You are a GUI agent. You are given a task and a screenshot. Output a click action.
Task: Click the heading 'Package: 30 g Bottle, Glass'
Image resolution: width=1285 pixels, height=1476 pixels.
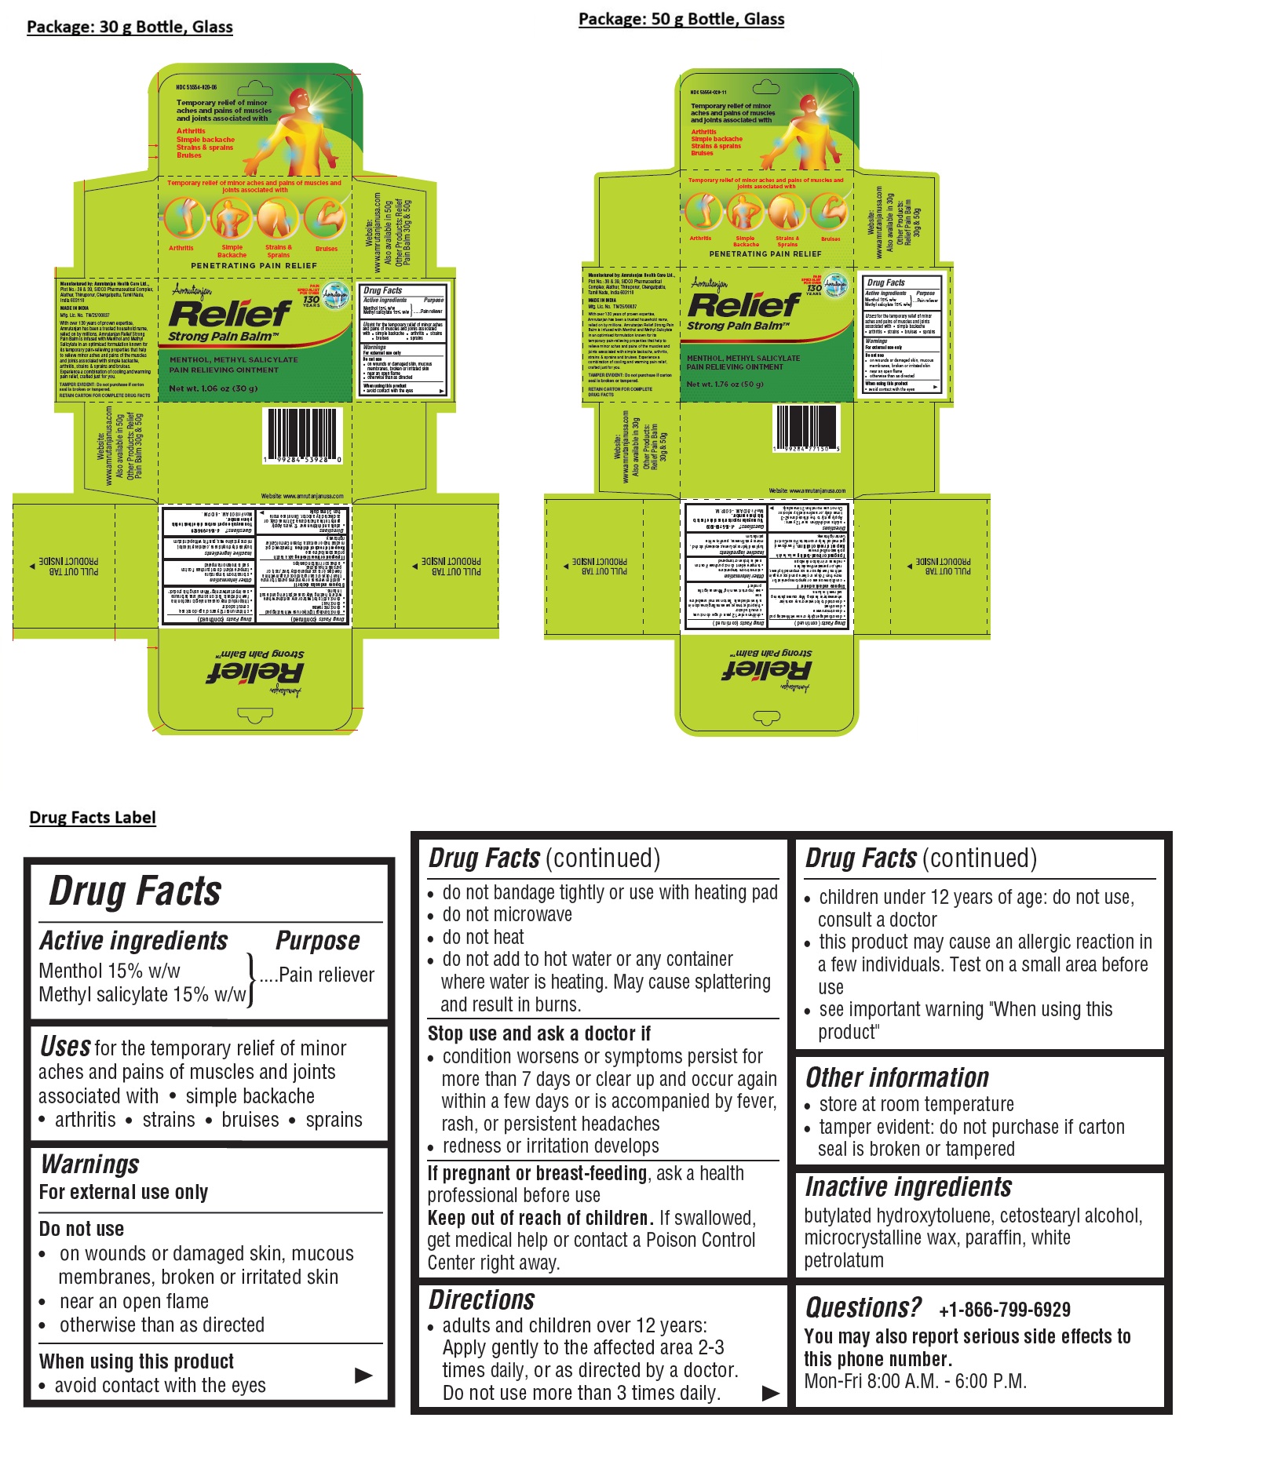(x=130, y=27)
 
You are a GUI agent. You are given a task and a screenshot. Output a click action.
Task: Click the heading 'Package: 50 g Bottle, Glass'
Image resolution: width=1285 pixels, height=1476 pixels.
(x=681, y=20)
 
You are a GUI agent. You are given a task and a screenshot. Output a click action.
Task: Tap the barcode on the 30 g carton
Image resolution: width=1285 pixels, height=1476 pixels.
(x=304, y=433)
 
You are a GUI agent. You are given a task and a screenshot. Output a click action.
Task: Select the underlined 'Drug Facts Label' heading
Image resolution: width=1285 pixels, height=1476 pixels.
(x=93, y=818)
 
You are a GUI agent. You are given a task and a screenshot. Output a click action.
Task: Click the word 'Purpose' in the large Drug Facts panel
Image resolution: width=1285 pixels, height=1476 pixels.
(x=318, y=941)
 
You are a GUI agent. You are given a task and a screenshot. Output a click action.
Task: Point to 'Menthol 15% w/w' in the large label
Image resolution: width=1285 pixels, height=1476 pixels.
(x=109, y=971)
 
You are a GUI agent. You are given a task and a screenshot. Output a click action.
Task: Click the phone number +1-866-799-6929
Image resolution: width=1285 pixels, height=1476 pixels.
(x=1004, y=1310)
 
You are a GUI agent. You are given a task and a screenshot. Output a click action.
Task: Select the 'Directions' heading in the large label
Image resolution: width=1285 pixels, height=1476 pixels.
(x=481, y=1300)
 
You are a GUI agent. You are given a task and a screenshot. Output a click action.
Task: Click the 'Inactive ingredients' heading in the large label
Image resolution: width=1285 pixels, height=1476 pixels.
(x=908, y=1187)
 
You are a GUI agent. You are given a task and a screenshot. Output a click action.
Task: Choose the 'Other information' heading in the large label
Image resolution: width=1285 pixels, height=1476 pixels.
(x=897, y=1078)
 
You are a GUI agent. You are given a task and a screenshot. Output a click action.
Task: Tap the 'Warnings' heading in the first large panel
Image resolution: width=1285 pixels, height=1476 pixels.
(x=90, y=1164)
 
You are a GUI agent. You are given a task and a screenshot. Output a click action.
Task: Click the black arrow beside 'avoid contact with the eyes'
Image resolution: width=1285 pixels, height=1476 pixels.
(x=363, y=1375)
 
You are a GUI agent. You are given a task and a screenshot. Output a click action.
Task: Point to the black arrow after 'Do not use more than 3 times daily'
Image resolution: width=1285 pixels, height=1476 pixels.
(x=771, y=1393)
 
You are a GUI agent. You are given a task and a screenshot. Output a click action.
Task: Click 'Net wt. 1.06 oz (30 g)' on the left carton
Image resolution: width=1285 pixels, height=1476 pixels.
(x=214, y=388)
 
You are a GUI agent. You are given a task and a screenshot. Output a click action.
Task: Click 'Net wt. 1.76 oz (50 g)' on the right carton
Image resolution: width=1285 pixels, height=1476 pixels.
(x=725, y=384)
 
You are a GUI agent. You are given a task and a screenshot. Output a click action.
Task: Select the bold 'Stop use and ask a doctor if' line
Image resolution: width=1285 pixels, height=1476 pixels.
(x=538, y=1033)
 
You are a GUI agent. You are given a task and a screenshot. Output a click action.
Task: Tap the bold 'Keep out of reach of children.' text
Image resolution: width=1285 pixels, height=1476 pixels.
(x=540, y=1218)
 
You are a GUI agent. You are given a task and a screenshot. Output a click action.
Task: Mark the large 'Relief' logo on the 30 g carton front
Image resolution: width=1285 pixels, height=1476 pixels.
(x=229, y=314)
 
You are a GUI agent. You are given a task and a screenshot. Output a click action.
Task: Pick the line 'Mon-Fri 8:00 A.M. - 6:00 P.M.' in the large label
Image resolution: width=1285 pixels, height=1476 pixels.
(x=915, y=1381)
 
